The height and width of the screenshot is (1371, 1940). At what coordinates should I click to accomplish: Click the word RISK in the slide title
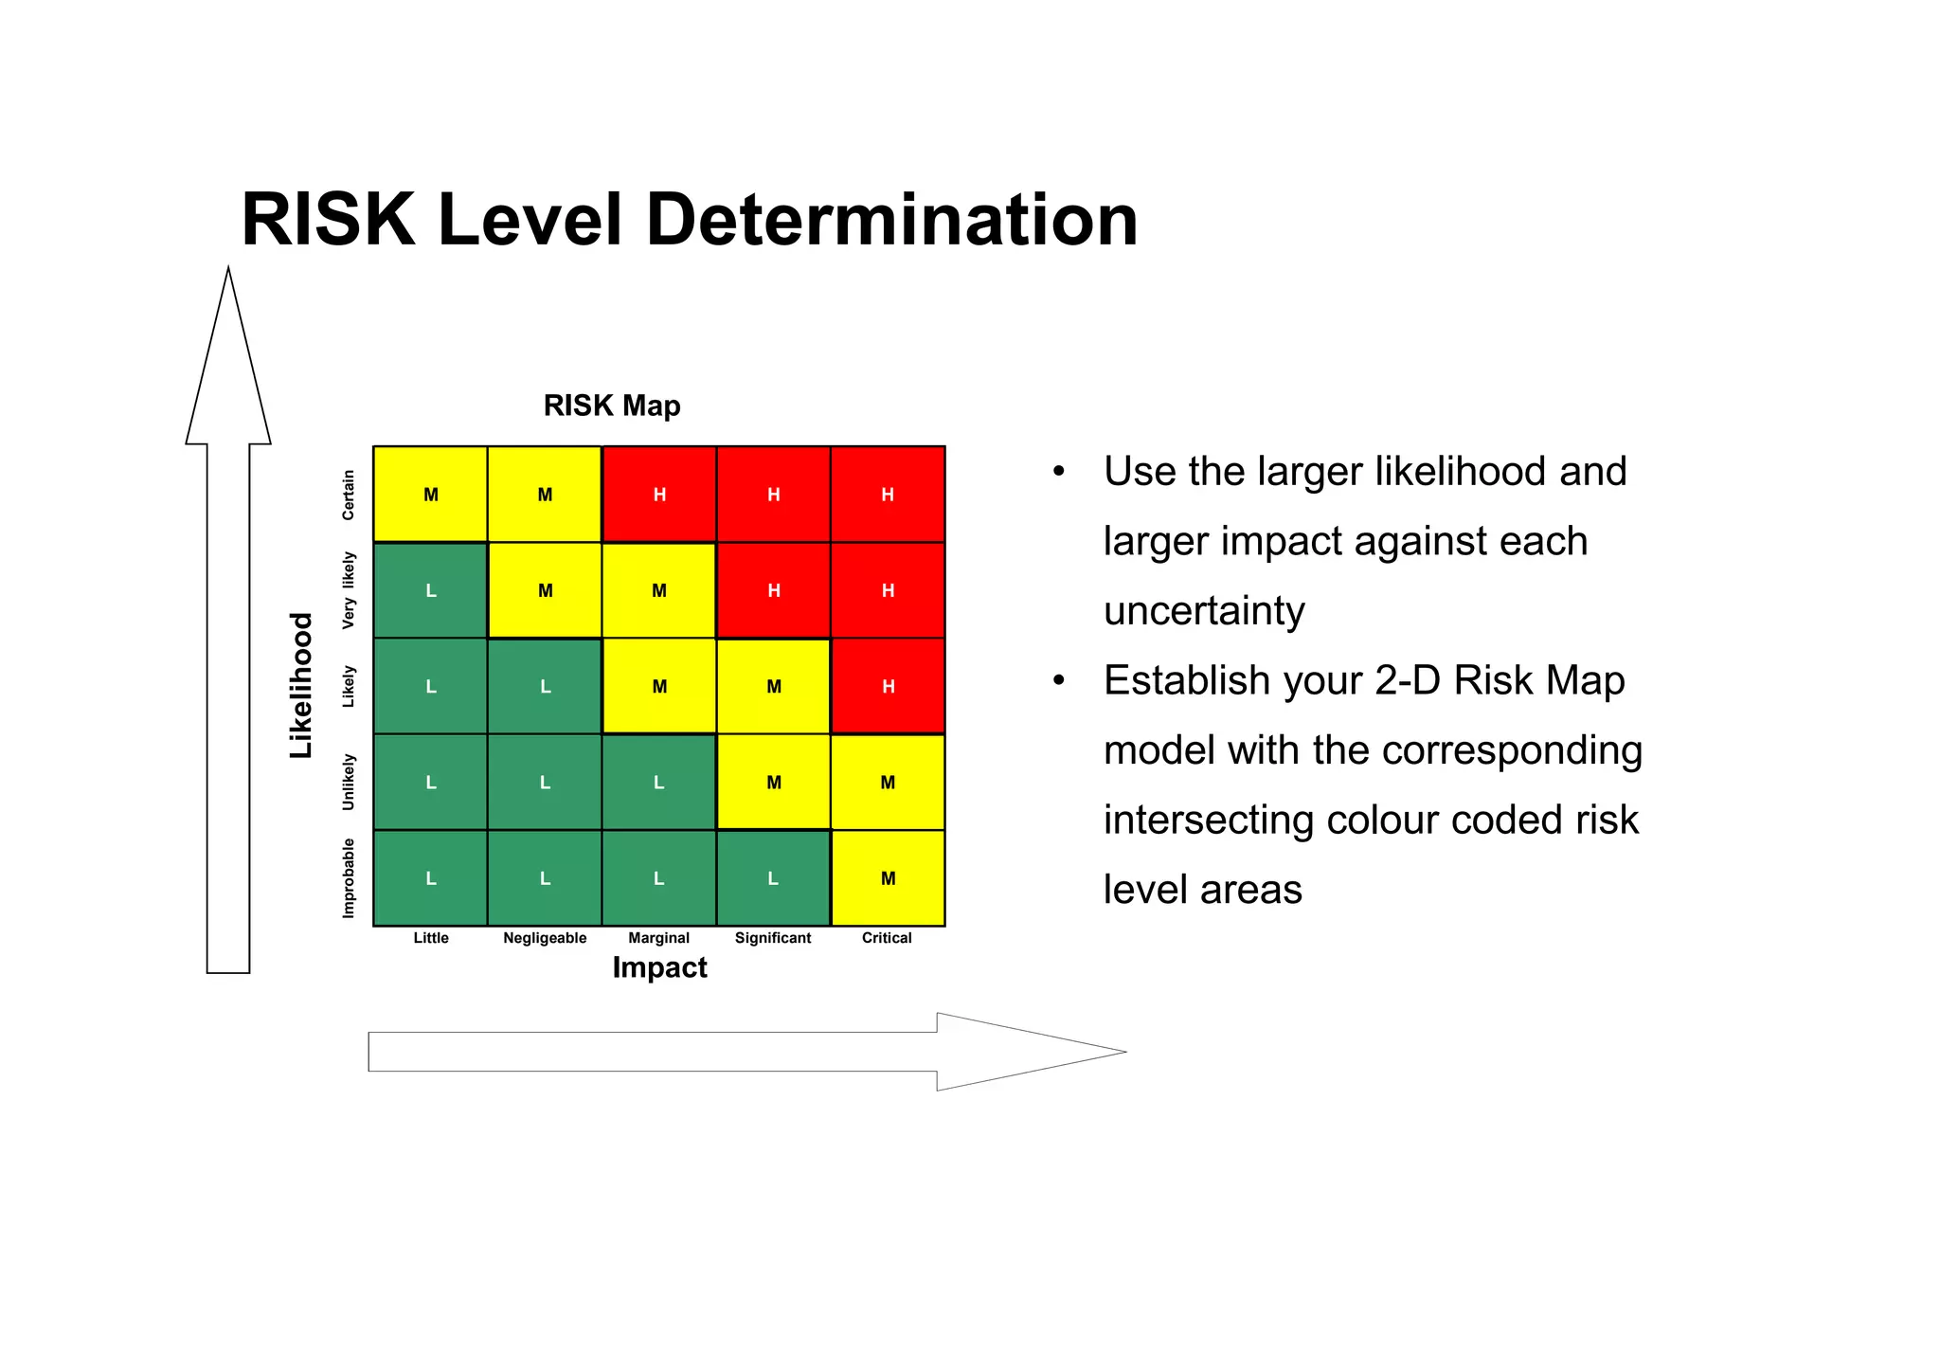pos(328,220)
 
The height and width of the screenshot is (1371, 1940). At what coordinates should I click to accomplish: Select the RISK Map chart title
pos(612,406)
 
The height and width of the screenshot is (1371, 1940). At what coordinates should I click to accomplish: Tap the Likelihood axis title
pos(300,685)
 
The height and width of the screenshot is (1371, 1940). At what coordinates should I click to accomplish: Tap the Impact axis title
pos(659,967)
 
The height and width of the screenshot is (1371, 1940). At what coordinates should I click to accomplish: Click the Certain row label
pos(349,495)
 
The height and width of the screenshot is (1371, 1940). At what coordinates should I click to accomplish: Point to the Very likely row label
pos(349,590)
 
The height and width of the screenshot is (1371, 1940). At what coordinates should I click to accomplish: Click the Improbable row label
pos(349,877)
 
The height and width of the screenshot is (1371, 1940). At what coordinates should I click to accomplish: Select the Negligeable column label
pos(545,938)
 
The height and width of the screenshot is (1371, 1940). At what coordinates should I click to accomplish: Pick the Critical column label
pos(887,938)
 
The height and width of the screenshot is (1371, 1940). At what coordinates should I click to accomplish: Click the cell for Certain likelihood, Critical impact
pos(888,495)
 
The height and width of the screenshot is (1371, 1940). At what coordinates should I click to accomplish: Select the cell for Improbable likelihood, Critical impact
pos(888,878)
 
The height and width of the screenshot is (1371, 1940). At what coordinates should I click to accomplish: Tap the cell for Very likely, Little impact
pos(431,590)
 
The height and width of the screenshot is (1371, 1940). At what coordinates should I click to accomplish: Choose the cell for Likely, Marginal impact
pos(659,686)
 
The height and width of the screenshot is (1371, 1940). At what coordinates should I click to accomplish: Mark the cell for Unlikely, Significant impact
pos(774,783)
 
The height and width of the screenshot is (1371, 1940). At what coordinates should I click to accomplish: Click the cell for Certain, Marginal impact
pos(659,495)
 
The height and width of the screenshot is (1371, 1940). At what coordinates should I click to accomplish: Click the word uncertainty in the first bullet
pos(1204,611)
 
